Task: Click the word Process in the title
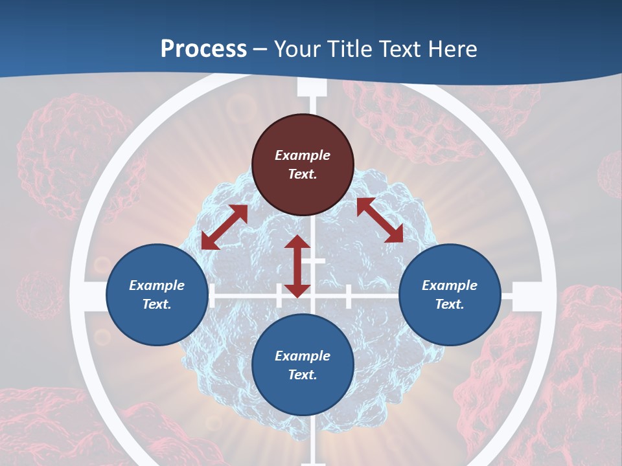pos(203,49)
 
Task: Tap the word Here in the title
pos(454,49)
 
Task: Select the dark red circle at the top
pos(303,164)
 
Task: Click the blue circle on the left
pos(157,294)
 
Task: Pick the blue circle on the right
pos(450,294)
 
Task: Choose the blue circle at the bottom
pos(303,365)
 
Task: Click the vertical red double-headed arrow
pos(297,266)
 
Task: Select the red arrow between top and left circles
pos(224,227)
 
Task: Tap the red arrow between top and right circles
pos(380,220)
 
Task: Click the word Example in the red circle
pos(303,155)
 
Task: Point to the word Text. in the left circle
pos(157,304)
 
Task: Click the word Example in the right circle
pos(450,285)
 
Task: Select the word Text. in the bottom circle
pos(303,375)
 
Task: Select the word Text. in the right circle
pos(450,304)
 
